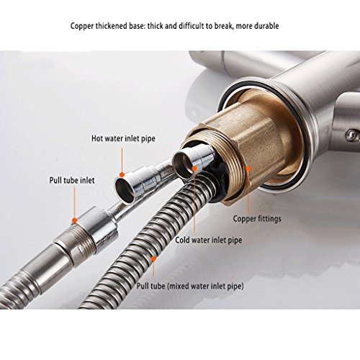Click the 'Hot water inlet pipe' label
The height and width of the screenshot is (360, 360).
[x=123, y=139]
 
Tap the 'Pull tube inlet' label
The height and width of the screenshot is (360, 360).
[x=72, y=180]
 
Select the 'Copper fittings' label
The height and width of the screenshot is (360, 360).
[x=257, y=219]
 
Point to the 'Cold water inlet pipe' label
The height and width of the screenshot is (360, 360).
[x=209, y=240]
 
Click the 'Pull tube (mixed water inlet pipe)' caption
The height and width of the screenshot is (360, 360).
[x=190, y=286]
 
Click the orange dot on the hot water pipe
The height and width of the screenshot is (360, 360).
[x=122, y=175]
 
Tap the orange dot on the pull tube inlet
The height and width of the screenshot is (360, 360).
[x=75, y=220]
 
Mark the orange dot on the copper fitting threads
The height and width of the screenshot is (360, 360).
[x=248, y=168]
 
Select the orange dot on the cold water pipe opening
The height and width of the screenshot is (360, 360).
[x=194, y=168]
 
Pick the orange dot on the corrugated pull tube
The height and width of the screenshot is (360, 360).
[x=153, y=258]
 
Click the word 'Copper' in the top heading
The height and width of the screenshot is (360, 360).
[x=81, y=26]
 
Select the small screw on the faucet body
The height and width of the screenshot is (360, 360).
[x=351, y=134]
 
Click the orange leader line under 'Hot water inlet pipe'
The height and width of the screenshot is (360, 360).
[x=122, y=160]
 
